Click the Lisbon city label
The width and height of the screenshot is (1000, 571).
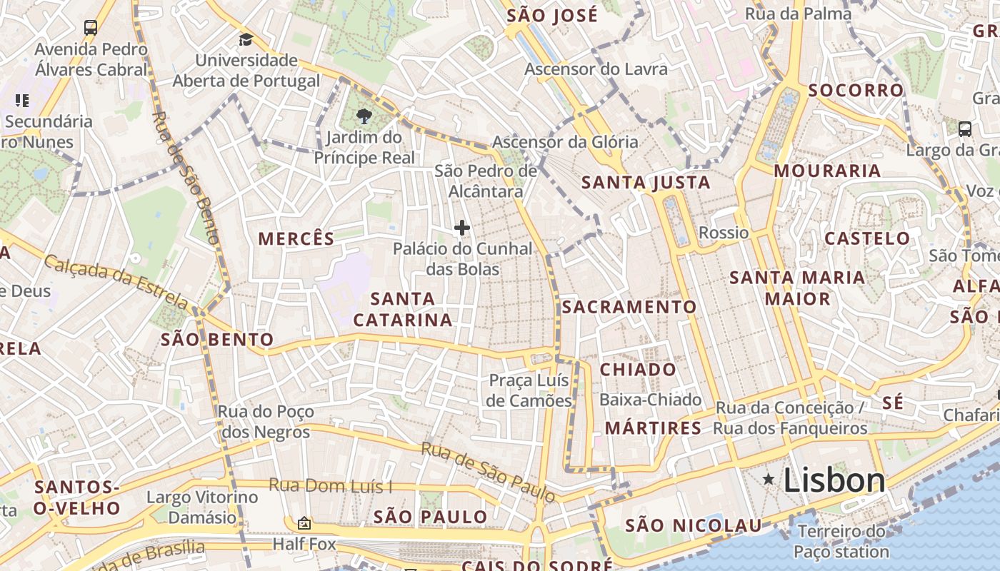(834, 480)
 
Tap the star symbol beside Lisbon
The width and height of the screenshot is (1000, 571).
(769, 479)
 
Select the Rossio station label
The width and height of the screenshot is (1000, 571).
(724, 233)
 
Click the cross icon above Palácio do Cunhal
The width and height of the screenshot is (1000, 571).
(462, 228)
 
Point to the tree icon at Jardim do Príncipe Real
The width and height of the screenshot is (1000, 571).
(364, 116)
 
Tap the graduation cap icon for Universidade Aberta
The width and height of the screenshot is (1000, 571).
(246, 39)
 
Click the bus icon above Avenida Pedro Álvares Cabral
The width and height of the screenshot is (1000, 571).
(91, 28)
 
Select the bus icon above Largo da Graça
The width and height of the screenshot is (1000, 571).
(964, 129)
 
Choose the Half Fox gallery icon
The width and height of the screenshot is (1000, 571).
(304, 524)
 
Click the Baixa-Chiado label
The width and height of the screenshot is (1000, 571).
(650, 400)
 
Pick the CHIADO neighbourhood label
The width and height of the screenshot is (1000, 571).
(638, 370)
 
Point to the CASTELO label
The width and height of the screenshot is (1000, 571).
(868, 238)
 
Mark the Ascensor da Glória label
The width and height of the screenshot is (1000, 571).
(565, 142)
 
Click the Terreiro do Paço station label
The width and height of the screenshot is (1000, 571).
(841, 542)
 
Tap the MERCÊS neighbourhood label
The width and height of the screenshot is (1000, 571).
(296, 239)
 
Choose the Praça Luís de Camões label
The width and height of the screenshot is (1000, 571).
(529, 390)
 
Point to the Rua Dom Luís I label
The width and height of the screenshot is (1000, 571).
(331, 486)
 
